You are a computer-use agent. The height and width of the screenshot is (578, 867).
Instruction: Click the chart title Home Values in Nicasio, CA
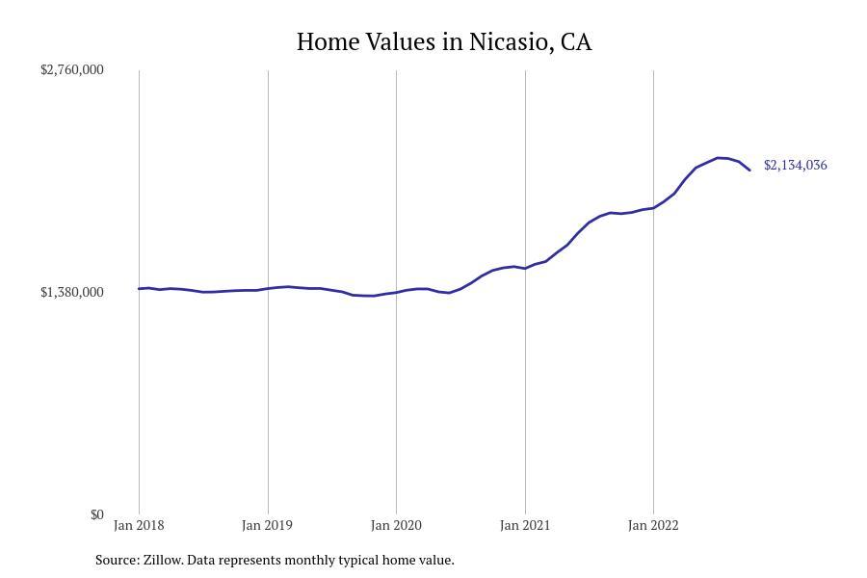tap(444, 42)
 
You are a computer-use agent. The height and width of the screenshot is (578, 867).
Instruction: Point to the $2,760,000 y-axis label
tap(72, 69)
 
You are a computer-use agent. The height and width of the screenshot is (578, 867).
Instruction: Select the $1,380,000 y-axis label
tap(72, 292)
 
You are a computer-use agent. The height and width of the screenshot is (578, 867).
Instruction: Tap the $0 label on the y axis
tap(96, 514)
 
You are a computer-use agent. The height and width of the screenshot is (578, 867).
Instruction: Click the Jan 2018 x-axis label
tap(139, 525)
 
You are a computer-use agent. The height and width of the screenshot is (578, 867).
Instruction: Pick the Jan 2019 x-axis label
tap(268, 525)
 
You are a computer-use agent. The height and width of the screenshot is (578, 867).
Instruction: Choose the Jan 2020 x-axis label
tap(396, 525)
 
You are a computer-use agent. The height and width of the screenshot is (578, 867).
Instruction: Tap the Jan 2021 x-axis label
tap(525, 525)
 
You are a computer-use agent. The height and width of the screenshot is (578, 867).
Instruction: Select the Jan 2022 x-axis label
tap(653, 525)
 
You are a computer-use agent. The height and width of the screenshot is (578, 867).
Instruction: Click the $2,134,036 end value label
tap(795, 165)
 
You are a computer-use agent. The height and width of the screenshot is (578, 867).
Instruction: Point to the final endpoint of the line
tap(749, 170)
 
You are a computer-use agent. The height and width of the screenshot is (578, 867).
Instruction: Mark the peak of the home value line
tap(718, 157)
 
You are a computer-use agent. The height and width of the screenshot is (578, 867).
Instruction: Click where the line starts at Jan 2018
tap(139, 289)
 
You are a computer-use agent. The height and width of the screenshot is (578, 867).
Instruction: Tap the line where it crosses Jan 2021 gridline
tap(525, 268)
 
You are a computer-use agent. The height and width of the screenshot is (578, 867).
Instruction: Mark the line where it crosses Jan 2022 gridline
tap(653, 208)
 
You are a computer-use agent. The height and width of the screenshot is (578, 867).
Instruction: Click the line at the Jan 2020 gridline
tap(396, 292)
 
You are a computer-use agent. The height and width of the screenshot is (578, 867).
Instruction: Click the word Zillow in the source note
tap(162, 560)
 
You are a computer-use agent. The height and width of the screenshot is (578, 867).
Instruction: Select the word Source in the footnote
tap(116, 560)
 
